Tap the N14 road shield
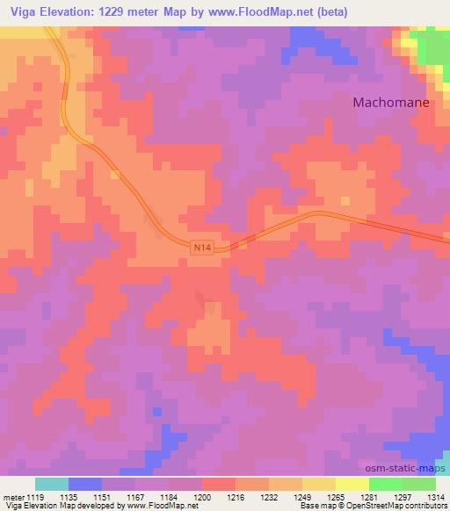pos(201,248)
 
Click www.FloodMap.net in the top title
pos(258,12)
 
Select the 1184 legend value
pos(169,496)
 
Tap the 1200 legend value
pos(202,496)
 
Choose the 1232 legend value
pos(269,496)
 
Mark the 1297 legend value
pos(403,496)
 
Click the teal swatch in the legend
pos(52,484)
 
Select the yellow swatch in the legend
pos(352,484)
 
